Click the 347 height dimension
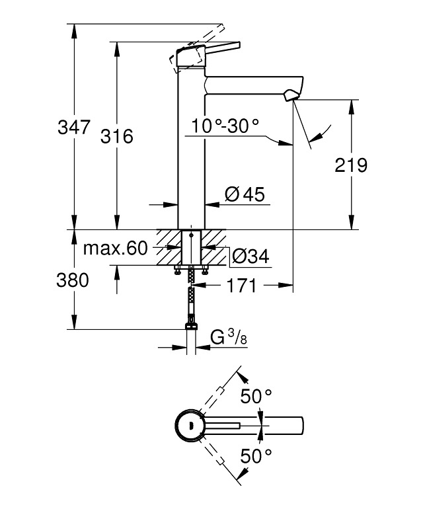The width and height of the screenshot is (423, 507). [x=73, y=127]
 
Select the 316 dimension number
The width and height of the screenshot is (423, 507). [x=117, y=137]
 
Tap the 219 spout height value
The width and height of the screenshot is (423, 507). [x=351, y=165]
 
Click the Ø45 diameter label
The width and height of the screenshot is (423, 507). [x=245, y=194]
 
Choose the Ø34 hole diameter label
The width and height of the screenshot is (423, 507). [x=250, y=256]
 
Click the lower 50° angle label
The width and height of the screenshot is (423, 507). [x=256, y=455]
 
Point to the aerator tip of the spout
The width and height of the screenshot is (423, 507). [x=289, y=97]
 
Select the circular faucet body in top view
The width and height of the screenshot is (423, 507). [x=190, y=424]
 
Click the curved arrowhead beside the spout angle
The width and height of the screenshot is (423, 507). [x=313, y=137]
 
